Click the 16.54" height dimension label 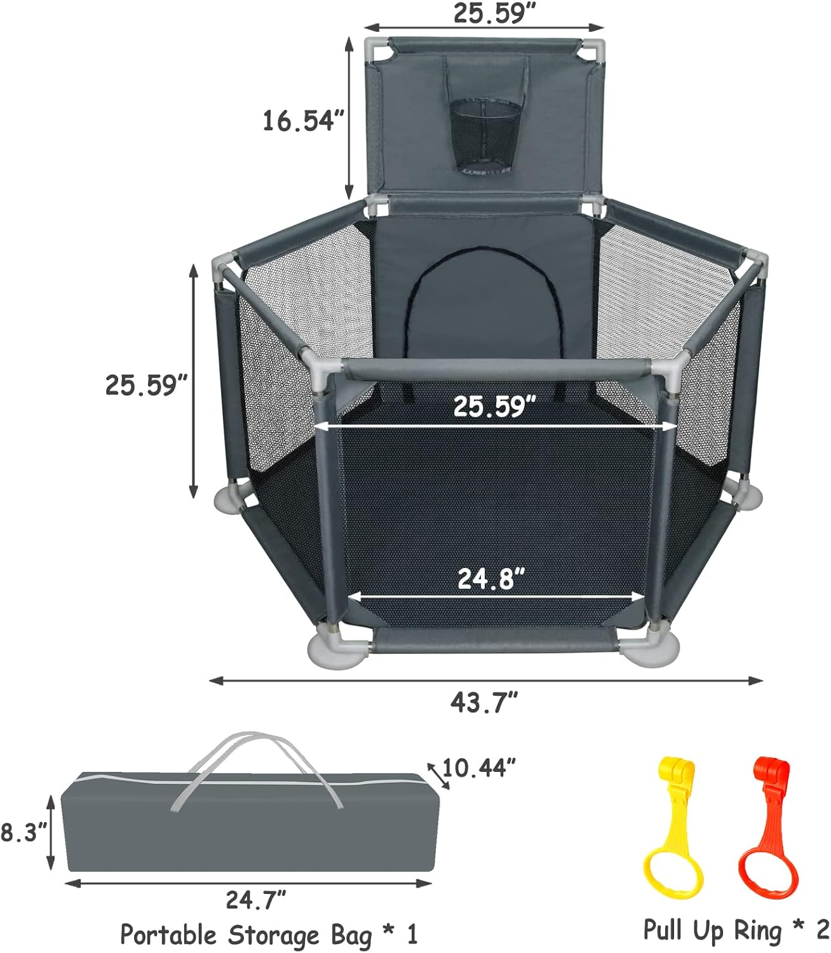tap(304, 120)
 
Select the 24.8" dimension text tap(491, 579)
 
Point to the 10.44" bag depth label tap(479, 768)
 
